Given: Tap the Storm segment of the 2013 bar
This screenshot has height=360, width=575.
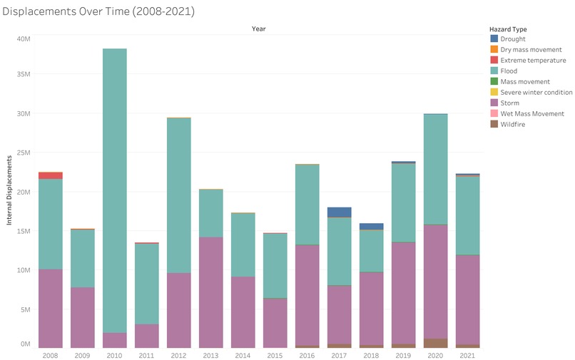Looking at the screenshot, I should (211, 292).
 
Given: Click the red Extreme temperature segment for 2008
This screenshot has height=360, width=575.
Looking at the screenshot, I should (51, 175).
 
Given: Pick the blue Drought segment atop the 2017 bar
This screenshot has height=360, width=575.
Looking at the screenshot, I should (340, 212).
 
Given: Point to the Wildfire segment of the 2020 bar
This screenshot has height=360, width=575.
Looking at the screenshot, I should (435, 343).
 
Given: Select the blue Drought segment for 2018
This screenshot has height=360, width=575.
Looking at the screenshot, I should (372, 227).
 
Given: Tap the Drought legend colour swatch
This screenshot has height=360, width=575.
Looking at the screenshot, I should (494, 39).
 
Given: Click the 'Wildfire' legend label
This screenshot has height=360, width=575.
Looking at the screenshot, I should (514, 124).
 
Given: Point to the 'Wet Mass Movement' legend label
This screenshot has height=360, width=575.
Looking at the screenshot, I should (532, 113).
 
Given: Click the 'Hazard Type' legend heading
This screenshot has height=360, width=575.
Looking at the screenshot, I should (509, 29).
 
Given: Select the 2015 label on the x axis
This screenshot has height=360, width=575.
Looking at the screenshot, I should (275, 354).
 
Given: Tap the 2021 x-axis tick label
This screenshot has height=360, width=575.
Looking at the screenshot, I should (467, 354).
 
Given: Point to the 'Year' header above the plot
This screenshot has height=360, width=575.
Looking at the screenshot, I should (259, 29).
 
